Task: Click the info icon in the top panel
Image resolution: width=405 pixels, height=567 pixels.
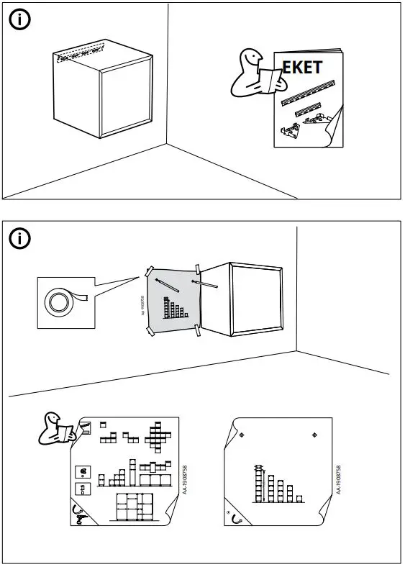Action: (20, 20)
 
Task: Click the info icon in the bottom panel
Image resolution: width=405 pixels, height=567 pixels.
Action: (20, 237)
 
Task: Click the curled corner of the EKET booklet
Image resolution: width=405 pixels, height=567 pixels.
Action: (332, 133)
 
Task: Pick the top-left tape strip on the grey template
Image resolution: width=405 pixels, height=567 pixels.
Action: (149, 273)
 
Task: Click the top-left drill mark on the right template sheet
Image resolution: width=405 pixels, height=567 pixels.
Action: (242, 435)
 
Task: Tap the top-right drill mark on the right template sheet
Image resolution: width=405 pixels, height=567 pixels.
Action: (314, 435)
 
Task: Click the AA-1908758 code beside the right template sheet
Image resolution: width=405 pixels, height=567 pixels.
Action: (338, 479)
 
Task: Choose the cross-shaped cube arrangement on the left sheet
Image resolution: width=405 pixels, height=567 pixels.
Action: (158, 435)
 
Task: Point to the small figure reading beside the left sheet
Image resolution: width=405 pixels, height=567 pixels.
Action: (55, 429)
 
